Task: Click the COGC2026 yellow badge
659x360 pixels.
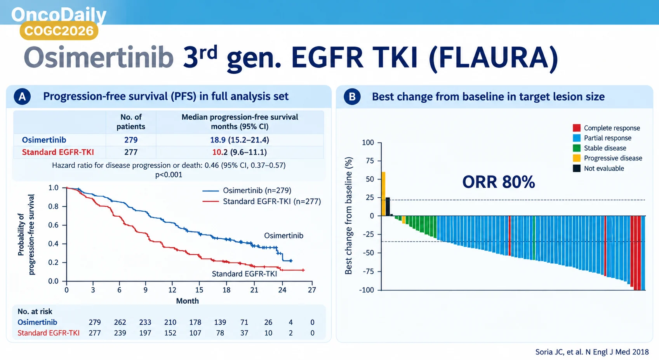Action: click(x=59, y=31)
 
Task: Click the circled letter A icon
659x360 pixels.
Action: click(x=22, y=96)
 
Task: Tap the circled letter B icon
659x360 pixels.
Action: click(x=352, y=96)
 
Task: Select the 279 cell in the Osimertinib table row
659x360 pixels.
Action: click(x=131, y=140)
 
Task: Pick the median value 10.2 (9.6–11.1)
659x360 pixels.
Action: click(x=240, y=152)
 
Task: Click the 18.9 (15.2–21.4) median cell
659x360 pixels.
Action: click(x=240, y=140)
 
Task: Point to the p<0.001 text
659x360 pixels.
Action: click(x=169, y=175)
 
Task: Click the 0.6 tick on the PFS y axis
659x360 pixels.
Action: click(x=53, y=225)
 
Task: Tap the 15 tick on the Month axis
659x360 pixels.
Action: click(x=199, y=290)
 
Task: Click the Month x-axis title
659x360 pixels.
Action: click(x=188, y=301)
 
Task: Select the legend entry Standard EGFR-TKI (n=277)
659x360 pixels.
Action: click(x=261, y=202)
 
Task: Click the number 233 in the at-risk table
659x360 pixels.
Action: click(x=145, y=322)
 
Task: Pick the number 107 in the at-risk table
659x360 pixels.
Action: click(x=195, y=333)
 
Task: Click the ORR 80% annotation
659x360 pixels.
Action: click(x=499, y=182)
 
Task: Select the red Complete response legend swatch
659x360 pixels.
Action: click(x=577, y=128)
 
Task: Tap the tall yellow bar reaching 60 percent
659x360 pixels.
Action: click(x=383, y=194)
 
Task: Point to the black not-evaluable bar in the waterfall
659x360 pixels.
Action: click(x=388, y=207)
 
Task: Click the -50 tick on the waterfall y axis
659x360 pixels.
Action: click(x=368, y=253)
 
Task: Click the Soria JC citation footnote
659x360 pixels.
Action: click(x=592, y=352)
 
